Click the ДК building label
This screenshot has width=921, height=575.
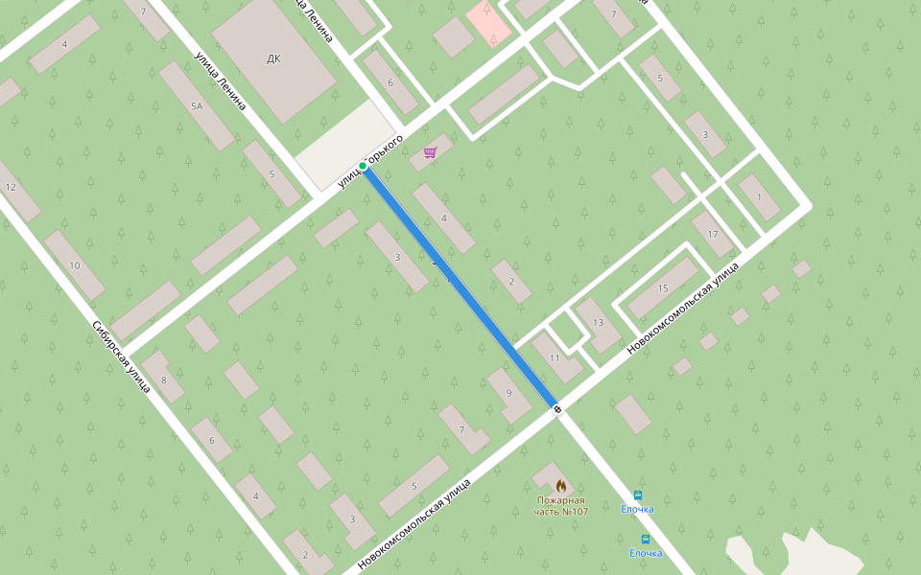point(273,58)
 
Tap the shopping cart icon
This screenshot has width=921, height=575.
point(430,152)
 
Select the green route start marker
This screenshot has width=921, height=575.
point(363,166)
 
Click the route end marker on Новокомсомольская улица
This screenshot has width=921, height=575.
point(557,409)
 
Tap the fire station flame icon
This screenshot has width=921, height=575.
point(561,485)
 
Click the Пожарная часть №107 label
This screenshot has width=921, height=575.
point(561,506)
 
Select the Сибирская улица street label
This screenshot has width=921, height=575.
point(121,356)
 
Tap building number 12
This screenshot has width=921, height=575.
point(11,187)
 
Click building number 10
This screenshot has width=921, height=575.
point(74,264)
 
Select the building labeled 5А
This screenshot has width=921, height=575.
point(197,106)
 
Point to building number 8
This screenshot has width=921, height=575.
point(164,380)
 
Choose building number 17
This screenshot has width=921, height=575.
point(712,234)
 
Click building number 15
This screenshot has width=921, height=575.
point(662,287)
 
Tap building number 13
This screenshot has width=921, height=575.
point(598,322)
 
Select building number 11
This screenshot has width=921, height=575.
point(555,357)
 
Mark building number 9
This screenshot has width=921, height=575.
point(508,393)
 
